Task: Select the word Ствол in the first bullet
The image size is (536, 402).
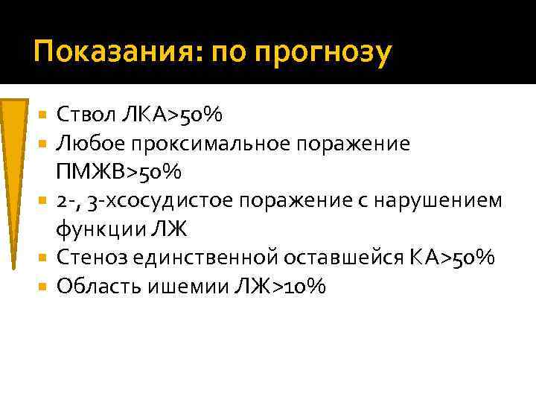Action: (x=86, y=115)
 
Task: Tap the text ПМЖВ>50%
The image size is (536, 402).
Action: (x=118, y=172)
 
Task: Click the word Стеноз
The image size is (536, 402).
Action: (x=89, y=258)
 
